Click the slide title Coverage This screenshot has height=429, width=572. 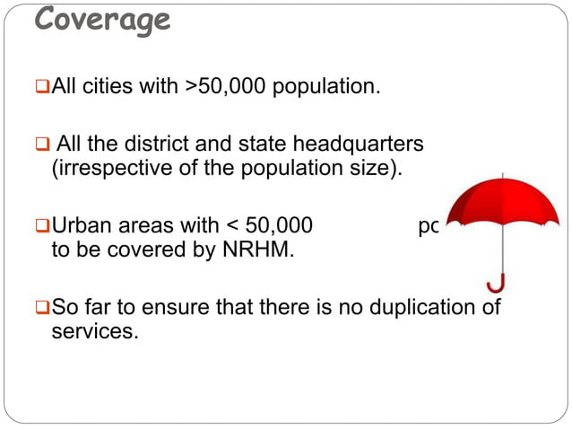(x=102, y=20)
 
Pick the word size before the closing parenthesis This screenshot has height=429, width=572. (x=368, y=170)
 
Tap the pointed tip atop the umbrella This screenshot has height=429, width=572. (x=507, y=175)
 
